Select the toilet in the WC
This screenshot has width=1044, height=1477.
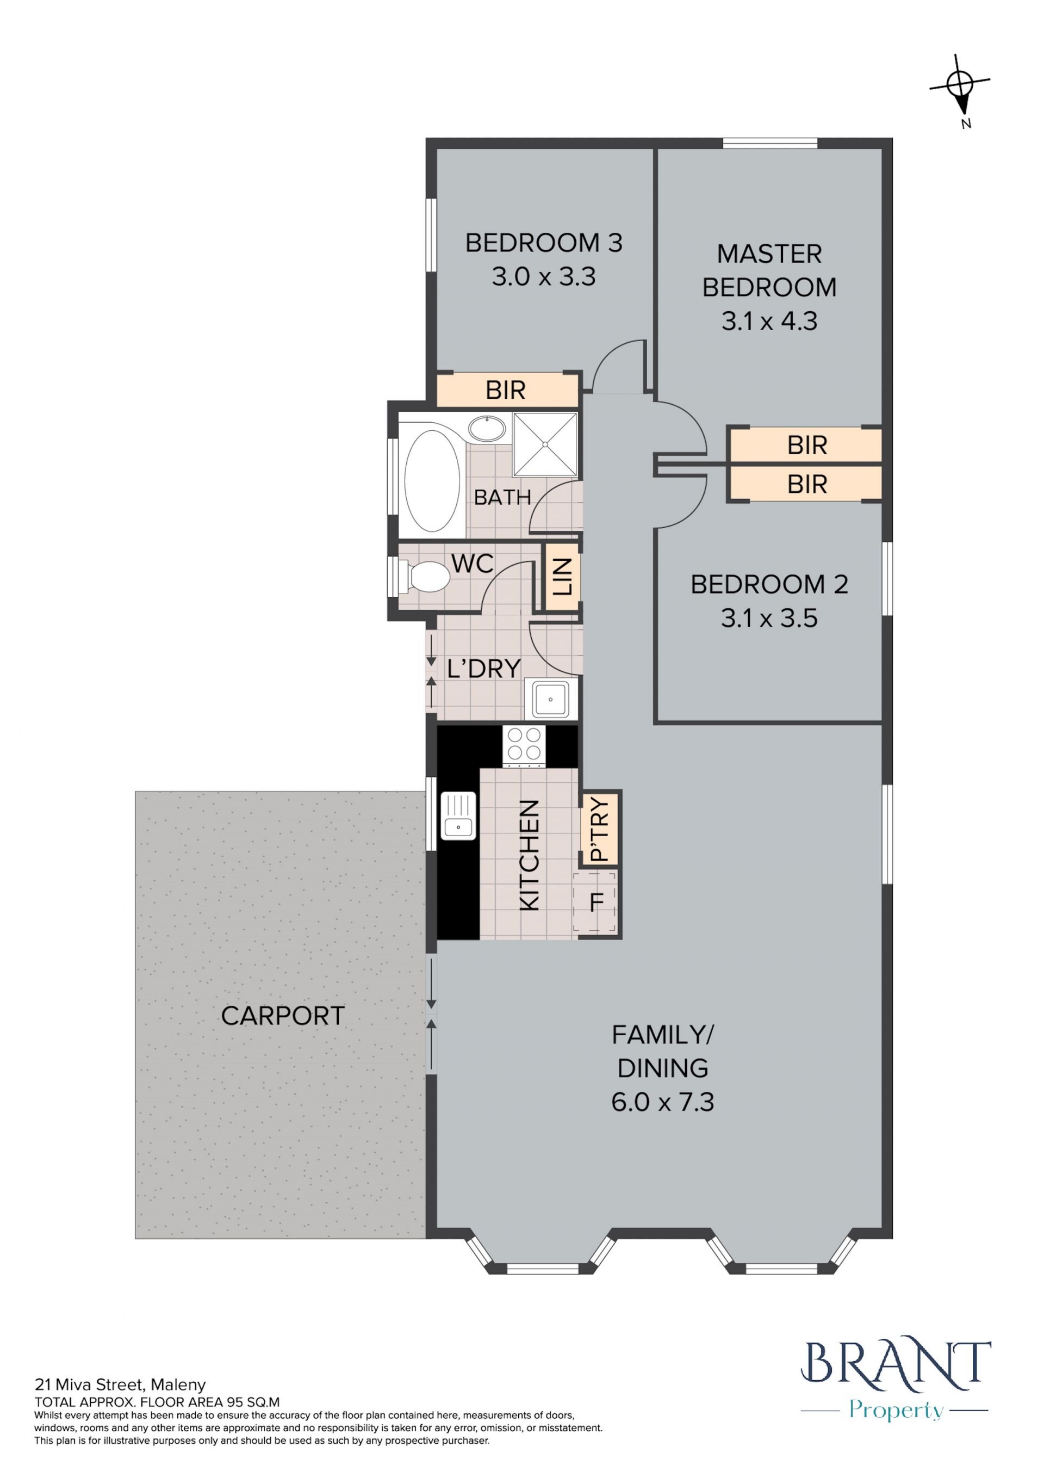click(x=424, y=577)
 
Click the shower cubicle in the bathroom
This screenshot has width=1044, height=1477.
click(x=545, y=444)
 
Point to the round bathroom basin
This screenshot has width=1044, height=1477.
click(x=487, y=429)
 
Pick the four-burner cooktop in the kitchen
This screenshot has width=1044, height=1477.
click(x=524, y=746)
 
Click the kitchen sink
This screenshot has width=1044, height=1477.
click(x=458, y=815)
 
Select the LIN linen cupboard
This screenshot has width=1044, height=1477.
click(x=562, y=577)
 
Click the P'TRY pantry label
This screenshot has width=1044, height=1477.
click(x=599, y=829)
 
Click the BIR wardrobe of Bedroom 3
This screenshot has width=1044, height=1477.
click(x=507, y=390)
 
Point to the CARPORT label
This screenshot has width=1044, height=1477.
click(x=283, y=1016)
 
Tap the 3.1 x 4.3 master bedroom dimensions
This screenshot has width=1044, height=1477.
click(x=769, y=321)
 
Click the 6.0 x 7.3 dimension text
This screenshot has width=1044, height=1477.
click(x=663, y=1102)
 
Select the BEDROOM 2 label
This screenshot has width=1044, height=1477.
click(x=769, y=585)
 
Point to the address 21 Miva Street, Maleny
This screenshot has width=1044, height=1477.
click(x=120, y=1385)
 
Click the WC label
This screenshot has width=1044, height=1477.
click(x=473, y=564)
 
